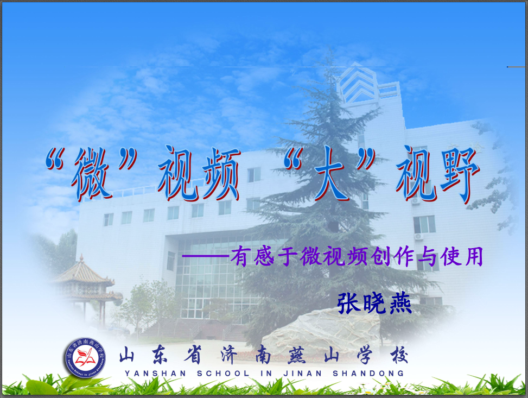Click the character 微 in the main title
[91, 174]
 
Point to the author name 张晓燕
[374, 302]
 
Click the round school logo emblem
[86, 358]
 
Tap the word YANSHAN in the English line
[155, 374]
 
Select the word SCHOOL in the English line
[223, 374]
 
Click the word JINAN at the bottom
[302, 374]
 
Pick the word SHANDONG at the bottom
[368, 374]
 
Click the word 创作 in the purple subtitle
[391, 257]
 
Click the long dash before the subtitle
[206, 257]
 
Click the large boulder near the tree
[322, 332]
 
